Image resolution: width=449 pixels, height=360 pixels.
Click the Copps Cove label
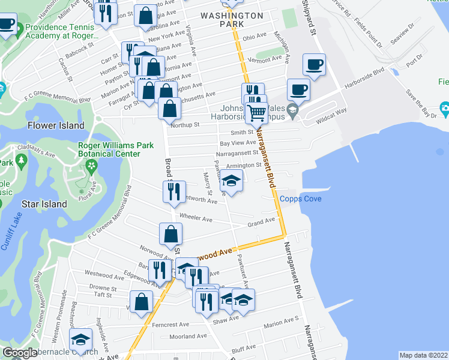(300, 199)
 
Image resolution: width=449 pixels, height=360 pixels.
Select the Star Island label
(46, 204)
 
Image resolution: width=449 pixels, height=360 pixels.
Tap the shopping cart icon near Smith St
(257, 112)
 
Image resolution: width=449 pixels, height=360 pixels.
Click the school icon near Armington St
(231, 180)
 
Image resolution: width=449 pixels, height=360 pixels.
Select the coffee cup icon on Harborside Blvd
(298, 90)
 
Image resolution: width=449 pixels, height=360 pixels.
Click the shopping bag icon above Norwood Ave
(170, 233)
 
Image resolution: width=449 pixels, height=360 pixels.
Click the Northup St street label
(185, 125)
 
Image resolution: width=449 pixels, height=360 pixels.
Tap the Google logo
(20, 353)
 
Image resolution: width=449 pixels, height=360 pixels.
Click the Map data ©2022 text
(423, 355)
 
